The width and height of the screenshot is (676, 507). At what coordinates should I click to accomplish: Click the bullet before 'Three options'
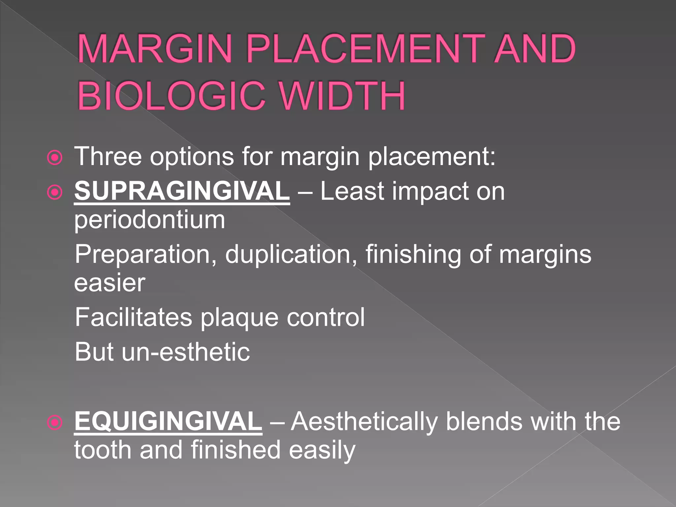55,158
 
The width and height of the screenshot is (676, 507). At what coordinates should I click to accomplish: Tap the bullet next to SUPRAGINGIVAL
55,192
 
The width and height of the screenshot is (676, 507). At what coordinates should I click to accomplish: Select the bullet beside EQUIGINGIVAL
55,422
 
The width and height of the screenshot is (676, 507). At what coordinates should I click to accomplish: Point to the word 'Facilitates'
133,317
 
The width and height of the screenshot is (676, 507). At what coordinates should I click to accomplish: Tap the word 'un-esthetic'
186,352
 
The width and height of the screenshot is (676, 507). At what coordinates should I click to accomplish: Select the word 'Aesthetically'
364,422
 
